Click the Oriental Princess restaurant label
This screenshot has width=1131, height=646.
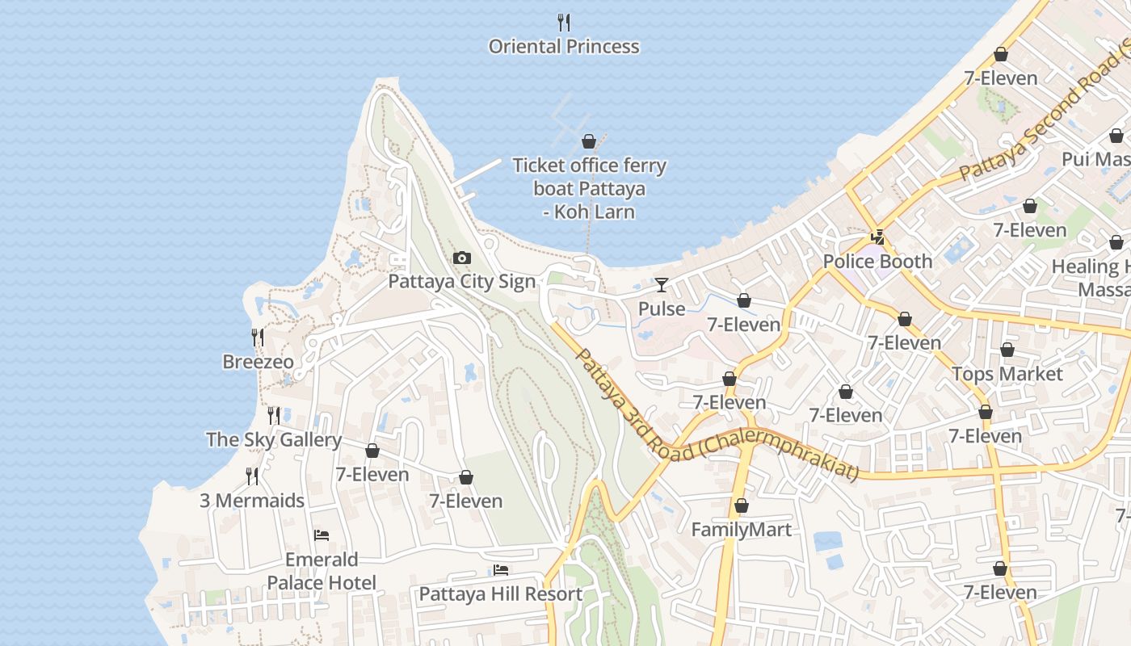(564, 47)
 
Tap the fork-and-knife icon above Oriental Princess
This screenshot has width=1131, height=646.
(564, 22)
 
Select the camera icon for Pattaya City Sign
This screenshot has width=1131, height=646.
(462, 258)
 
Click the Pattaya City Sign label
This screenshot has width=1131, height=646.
(462, 282)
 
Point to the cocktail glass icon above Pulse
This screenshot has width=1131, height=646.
(662, 284)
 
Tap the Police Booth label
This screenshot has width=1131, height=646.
(877, 262)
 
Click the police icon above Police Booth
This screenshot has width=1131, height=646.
(877, 237)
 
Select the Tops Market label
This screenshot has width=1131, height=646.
(1007, 374)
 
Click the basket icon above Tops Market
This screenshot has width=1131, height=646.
(1007, 350)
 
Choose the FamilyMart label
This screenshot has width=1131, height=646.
(742, 531)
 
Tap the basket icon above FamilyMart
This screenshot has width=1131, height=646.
(742, 506)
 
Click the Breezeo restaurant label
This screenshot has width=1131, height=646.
(259, 362)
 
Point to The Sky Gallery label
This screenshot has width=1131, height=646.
(274, 440)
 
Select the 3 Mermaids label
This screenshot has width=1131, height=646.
(252, 501)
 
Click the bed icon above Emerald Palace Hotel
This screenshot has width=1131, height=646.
(322, 535)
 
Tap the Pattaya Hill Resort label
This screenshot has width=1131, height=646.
(500, 594)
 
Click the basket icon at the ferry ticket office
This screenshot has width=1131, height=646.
(589, 142)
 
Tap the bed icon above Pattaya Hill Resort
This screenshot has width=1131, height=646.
(500, 570)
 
